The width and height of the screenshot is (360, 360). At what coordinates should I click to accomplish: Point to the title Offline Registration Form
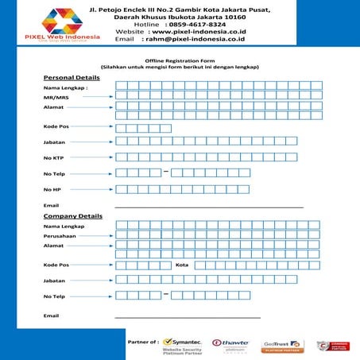click(180, 60)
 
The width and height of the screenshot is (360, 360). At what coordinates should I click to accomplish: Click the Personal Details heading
click(72, 77)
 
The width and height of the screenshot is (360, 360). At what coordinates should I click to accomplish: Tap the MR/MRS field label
click(56, 96)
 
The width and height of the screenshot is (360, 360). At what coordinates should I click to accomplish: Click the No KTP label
click(54, 157)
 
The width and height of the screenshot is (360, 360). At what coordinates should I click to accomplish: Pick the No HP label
click(52, 188)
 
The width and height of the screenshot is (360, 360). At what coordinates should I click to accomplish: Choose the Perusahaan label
click(60, 236)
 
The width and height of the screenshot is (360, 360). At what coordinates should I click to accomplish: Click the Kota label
click(182, 265)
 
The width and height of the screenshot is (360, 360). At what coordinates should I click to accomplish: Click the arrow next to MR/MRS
click(95, 96)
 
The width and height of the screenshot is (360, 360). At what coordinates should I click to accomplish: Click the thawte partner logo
click(230, 345)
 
